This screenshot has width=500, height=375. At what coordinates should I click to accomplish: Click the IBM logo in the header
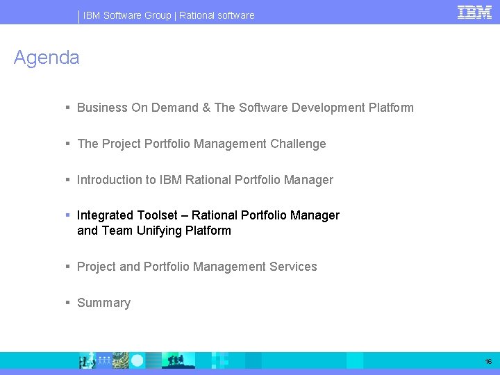474,12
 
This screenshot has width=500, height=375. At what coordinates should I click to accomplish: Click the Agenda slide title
47,58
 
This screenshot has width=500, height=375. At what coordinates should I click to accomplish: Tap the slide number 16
488,362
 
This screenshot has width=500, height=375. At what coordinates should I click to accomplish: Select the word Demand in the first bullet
173,108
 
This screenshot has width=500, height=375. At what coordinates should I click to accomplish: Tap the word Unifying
159,231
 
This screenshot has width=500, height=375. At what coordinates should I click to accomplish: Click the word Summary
103,303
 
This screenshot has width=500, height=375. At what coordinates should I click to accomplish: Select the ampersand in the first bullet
206,108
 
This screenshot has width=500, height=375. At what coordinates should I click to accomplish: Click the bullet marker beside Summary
67,303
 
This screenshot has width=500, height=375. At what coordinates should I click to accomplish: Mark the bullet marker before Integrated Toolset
67,215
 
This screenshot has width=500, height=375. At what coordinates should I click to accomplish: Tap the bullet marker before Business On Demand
67,108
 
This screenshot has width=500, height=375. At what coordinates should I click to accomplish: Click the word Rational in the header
197,15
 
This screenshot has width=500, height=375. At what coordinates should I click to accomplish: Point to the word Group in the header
157,15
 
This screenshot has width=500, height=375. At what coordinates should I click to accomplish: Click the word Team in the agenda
117,231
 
